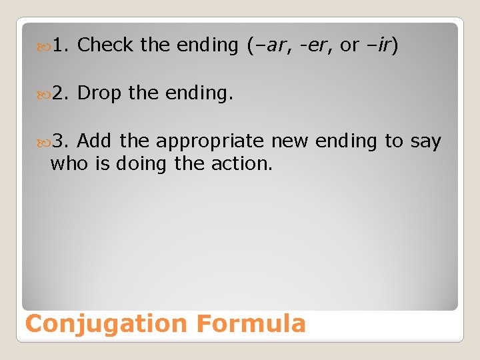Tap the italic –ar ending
pyautogui.click(x=267, y=45)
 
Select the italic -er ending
pyautogui.click(x=313, y=45)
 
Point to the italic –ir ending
pyautogui.click(x=378, y=45)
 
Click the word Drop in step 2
pyautogui.click(x=99, y=93)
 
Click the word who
pyautogui.click(x=70, y=163)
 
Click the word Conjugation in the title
pyautogui.click(x=107, y=324)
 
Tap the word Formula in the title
pyautogui.click(x=251, y=323)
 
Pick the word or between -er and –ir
pyautogui.click(x=349, y=45)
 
